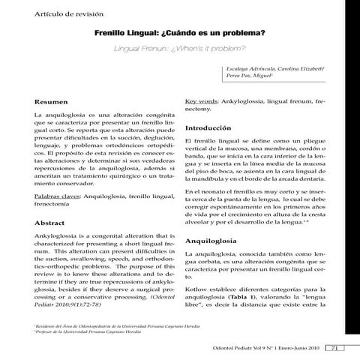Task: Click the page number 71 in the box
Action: [336, 347]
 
